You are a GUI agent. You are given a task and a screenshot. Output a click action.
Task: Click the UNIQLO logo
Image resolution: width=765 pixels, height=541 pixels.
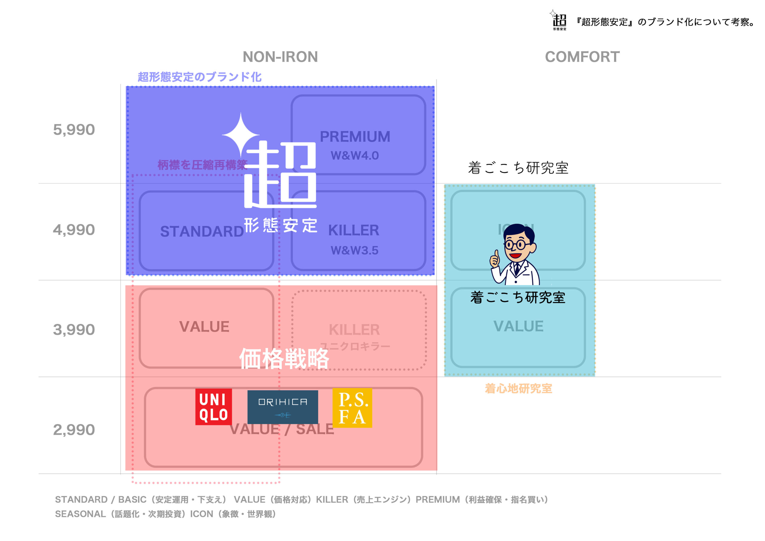213,407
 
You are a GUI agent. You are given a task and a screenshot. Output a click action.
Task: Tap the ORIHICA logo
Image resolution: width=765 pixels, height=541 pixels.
283,407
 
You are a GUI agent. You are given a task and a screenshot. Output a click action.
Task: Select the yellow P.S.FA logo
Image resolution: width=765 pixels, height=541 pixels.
352,408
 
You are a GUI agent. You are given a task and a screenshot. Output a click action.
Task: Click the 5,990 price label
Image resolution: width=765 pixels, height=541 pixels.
74,130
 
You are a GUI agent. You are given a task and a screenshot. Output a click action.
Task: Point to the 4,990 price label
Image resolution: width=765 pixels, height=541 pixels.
74,230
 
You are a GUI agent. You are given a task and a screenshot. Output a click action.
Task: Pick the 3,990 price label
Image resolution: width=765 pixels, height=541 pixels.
74,330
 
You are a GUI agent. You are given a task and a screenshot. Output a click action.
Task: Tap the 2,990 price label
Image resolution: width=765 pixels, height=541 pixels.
74,430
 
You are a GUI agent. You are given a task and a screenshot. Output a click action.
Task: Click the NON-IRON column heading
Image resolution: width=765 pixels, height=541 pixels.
280,57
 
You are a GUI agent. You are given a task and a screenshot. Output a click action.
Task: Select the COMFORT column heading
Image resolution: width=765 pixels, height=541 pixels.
582,57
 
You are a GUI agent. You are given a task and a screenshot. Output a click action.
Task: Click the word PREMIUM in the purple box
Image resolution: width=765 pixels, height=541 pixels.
355,137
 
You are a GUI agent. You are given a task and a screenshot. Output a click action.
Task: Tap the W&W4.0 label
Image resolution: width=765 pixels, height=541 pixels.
354,155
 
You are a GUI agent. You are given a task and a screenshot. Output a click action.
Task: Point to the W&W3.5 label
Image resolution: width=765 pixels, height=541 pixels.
354,250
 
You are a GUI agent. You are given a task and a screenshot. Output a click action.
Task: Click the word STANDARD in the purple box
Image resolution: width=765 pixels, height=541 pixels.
202,231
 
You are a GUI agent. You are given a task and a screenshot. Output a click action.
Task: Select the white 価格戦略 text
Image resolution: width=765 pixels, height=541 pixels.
284,359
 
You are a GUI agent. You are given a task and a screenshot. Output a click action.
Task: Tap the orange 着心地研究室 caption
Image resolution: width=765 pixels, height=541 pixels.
518,388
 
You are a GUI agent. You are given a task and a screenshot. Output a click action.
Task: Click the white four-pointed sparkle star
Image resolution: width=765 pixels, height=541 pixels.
241,135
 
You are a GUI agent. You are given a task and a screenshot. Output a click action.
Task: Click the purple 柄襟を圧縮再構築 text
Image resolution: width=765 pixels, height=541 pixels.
202,165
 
